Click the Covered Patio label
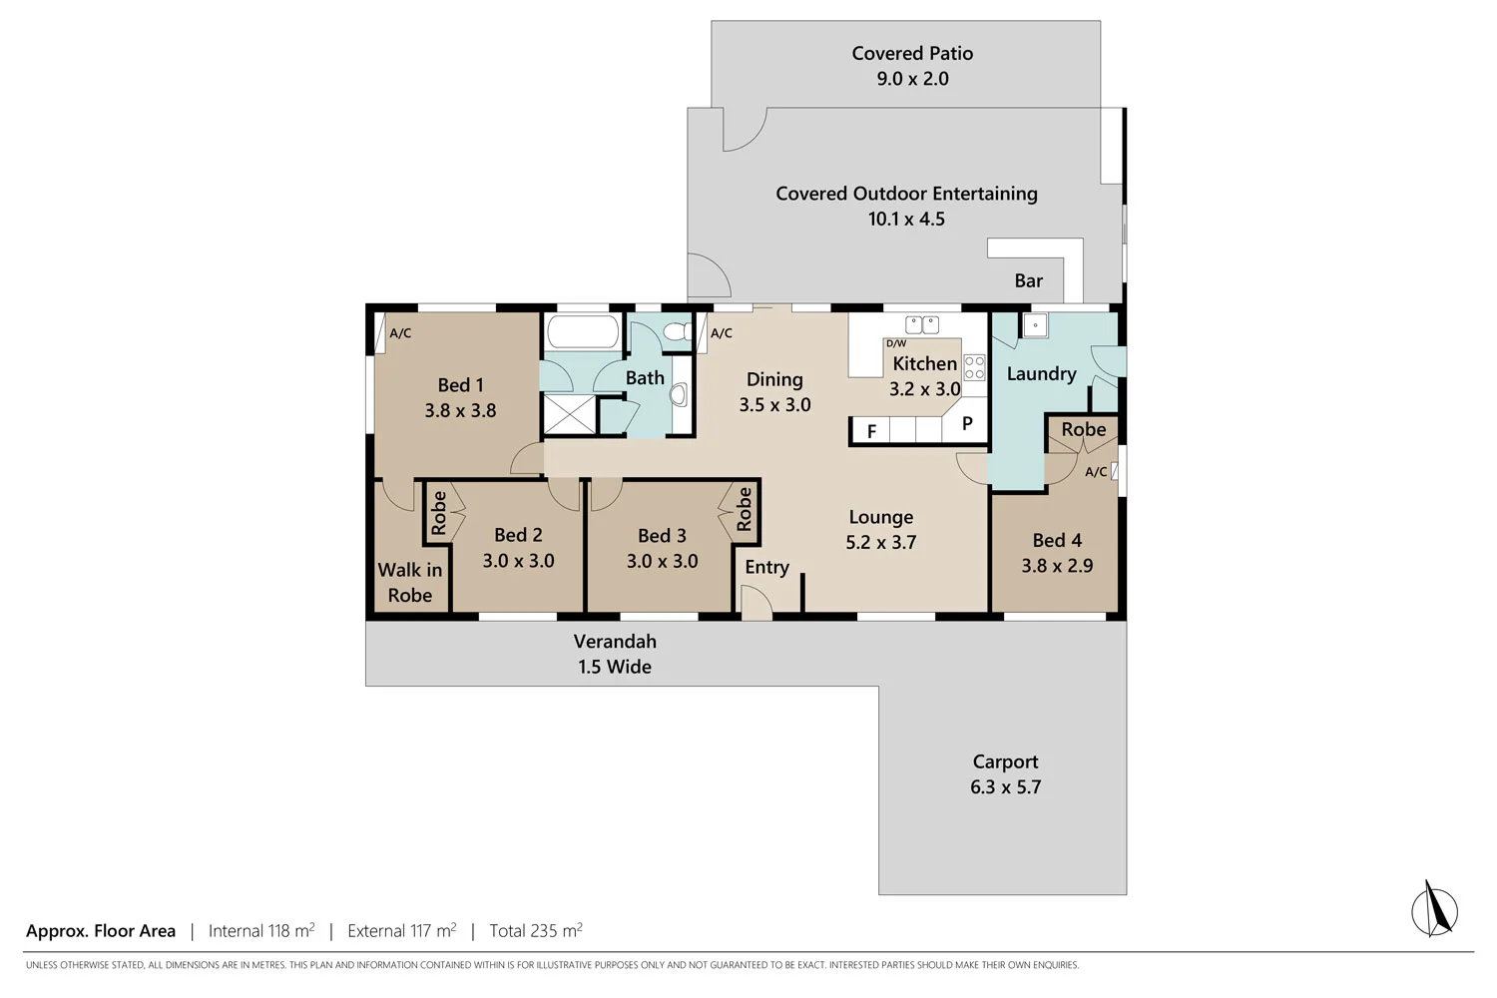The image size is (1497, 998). point(912,54)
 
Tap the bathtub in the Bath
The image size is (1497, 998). point(583,332)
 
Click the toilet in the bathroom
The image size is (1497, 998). point(679,332)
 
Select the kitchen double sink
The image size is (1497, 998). point(922,324)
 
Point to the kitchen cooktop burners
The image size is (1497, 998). point(974,367)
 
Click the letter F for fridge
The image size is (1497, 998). point(871,431)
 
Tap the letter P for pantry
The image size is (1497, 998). point(967,423)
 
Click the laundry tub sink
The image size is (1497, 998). point(1035,325)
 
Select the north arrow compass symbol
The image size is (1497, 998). point(1435,909)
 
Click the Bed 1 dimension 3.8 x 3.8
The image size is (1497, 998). point(460,410)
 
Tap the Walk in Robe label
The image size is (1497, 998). point(410,583)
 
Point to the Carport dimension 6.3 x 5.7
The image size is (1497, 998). point(1005,787)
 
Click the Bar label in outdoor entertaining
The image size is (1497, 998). point(1028,281)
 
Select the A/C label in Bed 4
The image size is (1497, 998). point(1096,472)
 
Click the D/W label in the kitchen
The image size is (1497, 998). point(896,343)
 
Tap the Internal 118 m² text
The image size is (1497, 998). point(261,931)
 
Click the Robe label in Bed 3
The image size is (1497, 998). point(745,509)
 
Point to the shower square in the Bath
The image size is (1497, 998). point(569,414)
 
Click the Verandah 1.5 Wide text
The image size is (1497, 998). point(615,654)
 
